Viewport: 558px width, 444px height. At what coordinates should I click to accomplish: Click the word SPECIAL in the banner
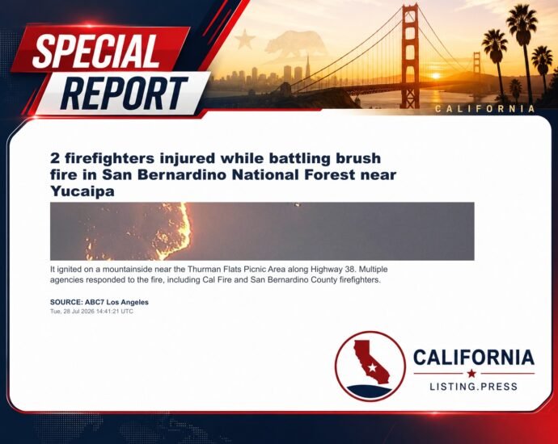[x=96, y=52]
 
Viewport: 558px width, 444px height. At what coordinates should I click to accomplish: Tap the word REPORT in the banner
[x=124, y=94]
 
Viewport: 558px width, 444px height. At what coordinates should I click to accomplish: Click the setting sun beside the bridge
[x=436, y=76]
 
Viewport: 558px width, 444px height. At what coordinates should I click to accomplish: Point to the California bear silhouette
[x=295, y=44]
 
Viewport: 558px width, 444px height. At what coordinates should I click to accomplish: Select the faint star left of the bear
[x=245, y=39]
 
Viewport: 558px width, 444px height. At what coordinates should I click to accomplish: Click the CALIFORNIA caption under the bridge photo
[x=485, y=109]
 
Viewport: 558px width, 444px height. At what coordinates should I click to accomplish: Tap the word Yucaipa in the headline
[x=82, y=191]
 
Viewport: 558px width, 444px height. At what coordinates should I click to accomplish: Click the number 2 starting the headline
[x=54, y=158]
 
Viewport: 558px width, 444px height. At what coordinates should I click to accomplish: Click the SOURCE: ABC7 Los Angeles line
[x=99, y=302]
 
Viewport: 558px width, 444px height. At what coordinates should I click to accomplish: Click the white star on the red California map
[x=372, y=367]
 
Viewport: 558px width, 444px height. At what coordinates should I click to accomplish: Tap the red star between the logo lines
[x=472, y=373]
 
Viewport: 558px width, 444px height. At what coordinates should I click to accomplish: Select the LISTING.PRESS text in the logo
[x=474, y=387]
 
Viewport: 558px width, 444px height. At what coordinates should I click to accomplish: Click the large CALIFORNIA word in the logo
[x=474, y=358]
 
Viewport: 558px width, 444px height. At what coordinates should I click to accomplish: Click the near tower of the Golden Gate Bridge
[x=410, y=57]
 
